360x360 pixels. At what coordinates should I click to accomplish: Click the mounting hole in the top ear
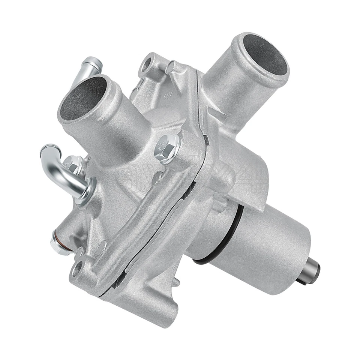146,65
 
